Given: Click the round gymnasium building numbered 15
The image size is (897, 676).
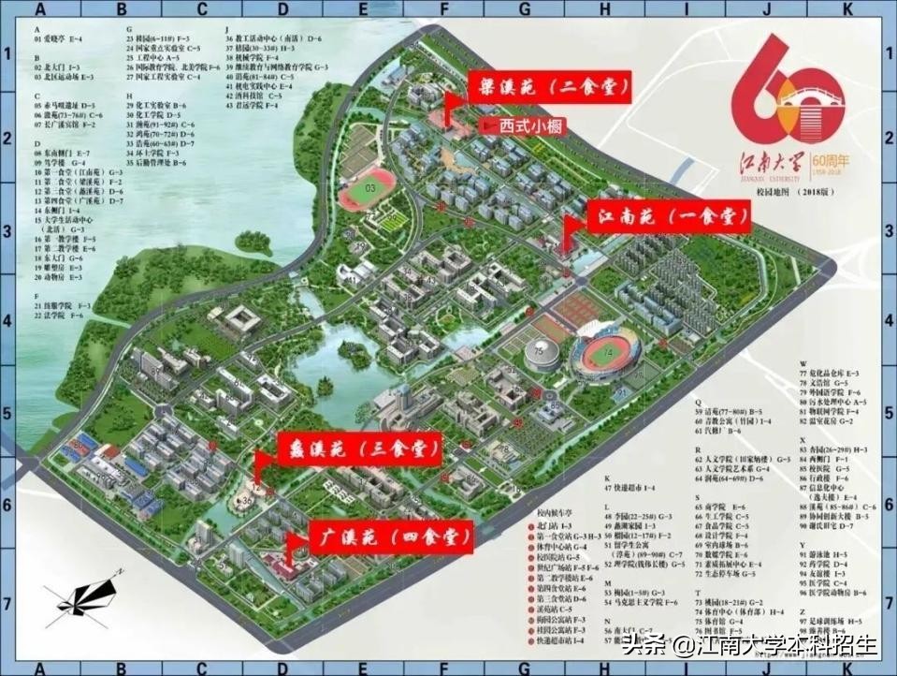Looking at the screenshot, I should pos(541,353).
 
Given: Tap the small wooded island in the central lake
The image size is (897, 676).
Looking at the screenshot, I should pos(354,355).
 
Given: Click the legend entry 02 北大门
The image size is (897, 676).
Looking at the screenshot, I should pos(55,67).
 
